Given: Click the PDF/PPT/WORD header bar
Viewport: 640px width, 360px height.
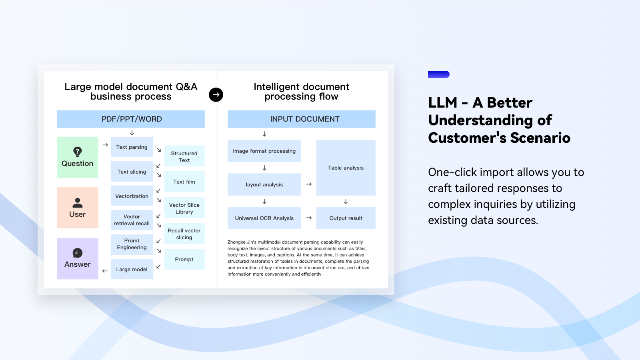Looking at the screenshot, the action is pos(131,119).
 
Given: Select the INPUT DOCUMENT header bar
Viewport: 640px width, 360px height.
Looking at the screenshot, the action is pos(302,119).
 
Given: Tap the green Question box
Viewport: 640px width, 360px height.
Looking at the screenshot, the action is pos(78,157).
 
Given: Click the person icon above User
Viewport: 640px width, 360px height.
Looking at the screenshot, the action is pos(78,203).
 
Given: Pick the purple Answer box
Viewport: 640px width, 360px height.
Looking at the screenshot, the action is pos(78,258).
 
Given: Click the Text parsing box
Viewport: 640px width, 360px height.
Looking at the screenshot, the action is pos(132,147).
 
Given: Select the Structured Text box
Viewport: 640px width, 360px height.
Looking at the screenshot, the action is pos(184,156).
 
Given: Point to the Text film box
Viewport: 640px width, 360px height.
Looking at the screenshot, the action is pos(184,182).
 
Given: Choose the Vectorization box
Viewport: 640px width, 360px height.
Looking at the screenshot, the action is pos(132,196).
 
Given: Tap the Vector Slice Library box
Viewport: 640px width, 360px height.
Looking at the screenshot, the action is pos(184,208).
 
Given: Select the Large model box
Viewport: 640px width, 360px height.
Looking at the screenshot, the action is pos(132,269).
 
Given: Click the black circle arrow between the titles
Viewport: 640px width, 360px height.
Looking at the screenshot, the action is pos(216,94).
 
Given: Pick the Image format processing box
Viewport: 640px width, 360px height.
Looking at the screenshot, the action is pos(264,151).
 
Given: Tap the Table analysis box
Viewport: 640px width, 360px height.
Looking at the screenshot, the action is pos(346,168).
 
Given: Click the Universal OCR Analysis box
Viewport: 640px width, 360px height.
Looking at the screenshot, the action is pos(264,218).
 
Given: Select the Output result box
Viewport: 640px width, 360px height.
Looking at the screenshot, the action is pos(346,218).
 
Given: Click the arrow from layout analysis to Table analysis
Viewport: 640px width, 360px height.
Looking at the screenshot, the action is pos(309,184).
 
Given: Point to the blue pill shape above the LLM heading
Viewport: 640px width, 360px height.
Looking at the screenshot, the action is pos(438,74).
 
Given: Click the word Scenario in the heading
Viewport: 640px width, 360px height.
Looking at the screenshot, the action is pos(540,138).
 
